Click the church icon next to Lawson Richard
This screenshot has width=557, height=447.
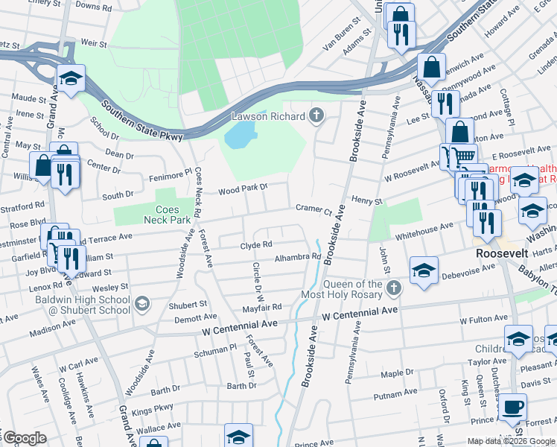click(316, 115)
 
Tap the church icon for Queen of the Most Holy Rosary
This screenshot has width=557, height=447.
click(395, 288)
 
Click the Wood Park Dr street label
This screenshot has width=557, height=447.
click(242, 191)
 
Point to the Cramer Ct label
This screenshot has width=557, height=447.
click(313, 209)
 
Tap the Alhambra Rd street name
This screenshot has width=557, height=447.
click(297, 257)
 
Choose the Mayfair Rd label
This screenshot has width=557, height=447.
click(261, 306)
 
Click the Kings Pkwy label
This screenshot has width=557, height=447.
click(152, 410)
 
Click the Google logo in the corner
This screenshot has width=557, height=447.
click(24, 438)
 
